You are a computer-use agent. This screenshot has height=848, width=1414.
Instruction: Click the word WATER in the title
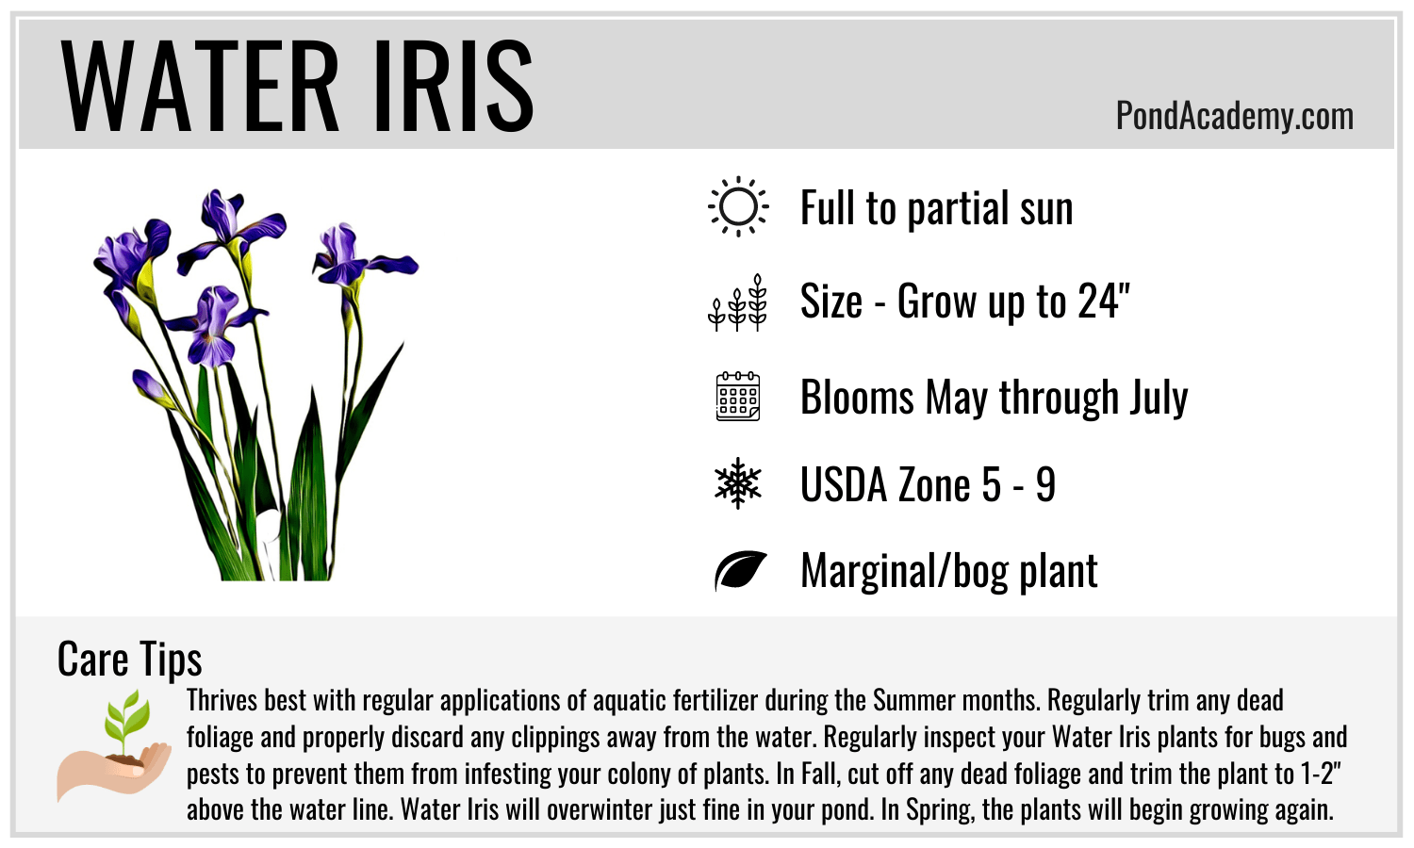(200, 86)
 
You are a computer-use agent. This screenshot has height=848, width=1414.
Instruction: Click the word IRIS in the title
(454, 86)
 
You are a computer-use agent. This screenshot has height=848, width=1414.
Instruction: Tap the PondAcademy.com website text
(1235, 117)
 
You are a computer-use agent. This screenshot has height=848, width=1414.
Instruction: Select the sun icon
(738, 207)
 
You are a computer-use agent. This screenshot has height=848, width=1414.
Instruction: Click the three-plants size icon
(737, 302)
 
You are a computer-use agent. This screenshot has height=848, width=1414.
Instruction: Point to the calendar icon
(738, 397)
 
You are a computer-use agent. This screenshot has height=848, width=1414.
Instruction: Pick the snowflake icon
(738, 483)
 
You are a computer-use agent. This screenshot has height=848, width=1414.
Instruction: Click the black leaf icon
(740, 570)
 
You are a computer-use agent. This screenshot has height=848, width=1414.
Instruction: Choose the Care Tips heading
(129, 660)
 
